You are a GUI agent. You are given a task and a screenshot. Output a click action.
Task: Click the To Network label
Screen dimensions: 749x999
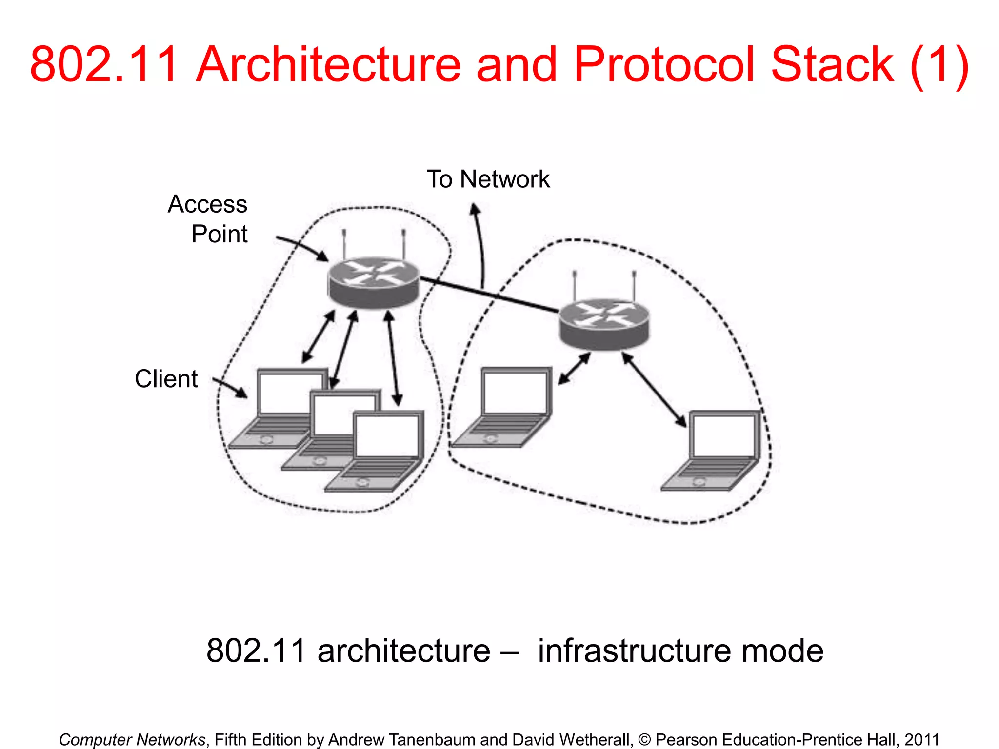point(488,179)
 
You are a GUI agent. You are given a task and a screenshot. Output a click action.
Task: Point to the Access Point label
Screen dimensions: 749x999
point(210,218)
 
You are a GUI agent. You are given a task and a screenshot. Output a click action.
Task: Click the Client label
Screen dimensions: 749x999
point(166,379)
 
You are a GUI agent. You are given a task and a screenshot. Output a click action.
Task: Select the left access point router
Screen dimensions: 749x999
point(374,282)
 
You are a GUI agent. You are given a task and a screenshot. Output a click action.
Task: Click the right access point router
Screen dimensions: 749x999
point(604,324)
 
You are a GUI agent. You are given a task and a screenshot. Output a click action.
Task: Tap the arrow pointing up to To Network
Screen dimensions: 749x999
point(479,244)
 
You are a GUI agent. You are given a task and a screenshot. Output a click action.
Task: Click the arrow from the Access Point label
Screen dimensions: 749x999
point(302,247)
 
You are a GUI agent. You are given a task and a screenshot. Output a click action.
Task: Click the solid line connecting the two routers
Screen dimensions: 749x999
point(488,294)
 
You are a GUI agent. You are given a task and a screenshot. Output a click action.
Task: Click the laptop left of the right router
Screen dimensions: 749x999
point(505,407)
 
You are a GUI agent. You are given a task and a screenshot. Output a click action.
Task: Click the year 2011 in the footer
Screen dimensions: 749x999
point(921,740)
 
